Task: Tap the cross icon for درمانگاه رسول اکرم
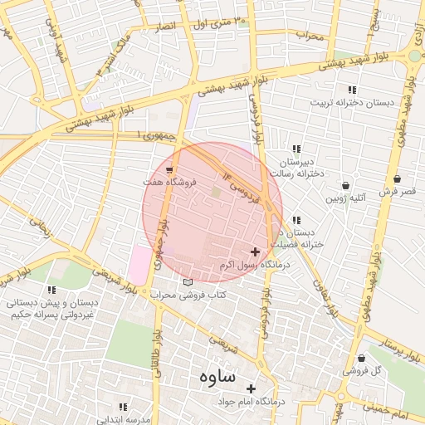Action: (255, 252)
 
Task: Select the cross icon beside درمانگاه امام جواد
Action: (251, 388)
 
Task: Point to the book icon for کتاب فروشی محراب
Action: (188, 282)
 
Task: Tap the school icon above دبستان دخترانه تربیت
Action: (352, 90)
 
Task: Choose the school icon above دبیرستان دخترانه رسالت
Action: (297, 149)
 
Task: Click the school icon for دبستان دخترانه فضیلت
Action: (297, 221)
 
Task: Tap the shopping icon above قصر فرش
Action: (397, 179)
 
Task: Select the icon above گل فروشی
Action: (361, 359)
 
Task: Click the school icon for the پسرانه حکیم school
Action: (51, 291)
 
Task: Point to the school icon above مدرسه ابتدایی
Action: (123, 407)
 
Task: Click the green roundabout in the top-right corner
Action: (414, 56)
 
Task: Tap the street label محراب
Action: (308, 36)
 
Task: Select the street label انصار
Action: (163, 27)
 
